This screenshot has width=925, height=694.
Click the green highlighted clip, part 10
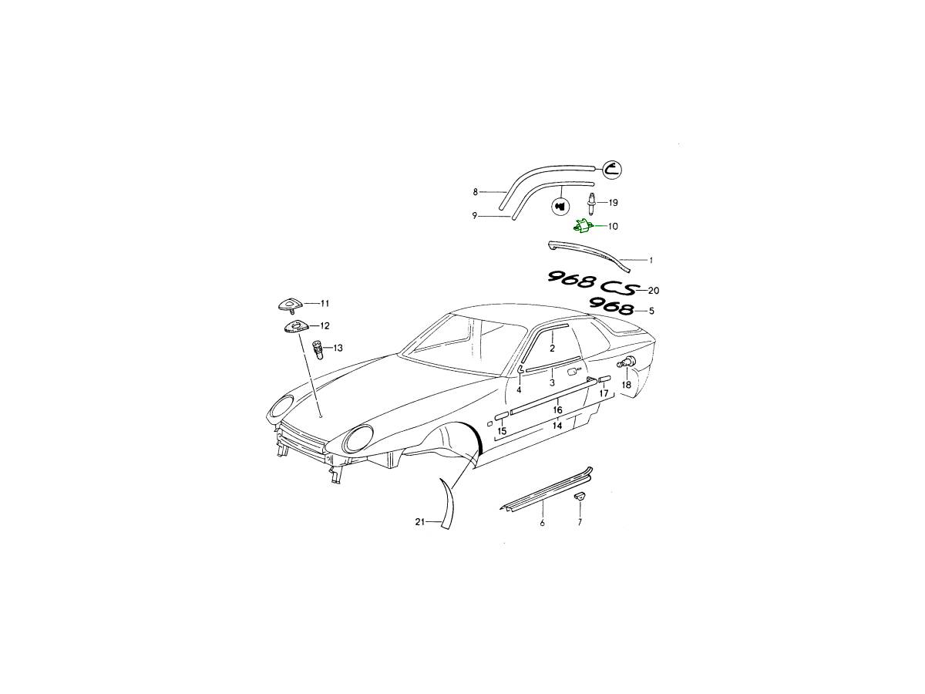coord(584,226)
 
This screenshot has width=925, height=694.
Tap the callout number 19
coord(613,203)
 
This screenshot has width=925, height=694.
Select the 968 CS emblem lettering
coord(591,283)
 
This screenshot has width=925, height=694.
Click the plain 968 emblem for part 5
coord(611,307)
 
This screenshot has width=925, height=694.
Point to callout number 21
coord(420,522)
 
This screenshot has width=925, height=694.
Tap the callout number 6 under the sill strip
coord(543,523)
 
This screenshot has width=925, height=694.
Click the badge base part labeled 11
coord(290,305)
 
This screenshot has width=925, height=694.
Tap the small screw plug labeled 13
coord(318,350)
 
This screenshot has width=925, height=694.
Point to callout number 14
coord(557,426)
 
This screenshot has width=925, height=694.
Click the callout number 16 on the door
coord(557,410)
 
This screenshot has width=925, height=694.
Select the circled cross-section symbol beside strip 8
coord(611,170)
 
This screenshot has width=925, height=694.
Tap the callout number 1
coord(651,261)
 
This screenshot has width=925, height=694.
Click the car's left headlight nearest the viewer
coord(358,439)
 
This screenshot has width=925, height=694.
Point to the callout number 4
coord(519,390)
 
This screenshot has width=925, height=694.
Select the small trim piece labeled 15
coord(502,416)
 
